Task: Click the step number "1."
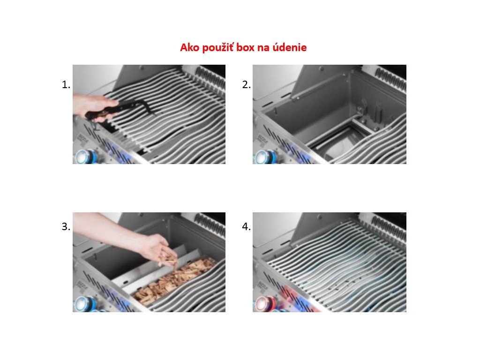click(x=66, y=84)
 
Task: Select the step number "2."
click(x=246, y=84)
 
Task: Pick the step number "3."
click(x=66, y=226)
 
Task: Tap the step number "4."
click(x=246, y=226)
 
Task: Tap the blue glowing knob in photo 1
click(x=84, y=157)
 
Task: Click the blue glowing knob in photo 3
click(x=84, y=304)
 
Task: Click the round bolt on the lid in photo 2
click(x=322, y=69)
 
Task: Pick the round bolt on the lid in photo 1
click(x=142, y=68)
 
